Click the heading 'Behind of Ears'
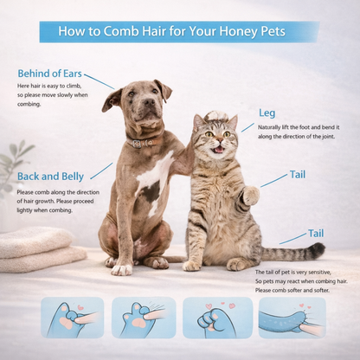tap(49, 74)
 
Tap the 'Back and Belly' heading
tap(50, 177)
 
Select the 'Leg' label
tap(267, 112)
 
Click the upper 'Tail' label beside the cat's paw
tap(298, 175)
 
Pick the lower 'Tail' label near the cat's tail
tap(316, 233)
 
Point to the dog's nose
tap(149, 101)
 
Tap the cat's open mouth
tap(219, 150)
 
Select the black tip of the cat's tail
tap(318, 249)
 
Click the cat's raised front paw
tap(250, 196)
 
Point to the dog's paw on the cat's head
tap(216, 115)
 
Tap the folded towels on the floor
tap(41, 248)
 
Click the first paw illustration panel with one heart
tap(73, 318)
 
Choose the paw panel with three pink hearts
tap(218, 318)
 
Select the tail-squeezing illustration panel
tap(292, 318)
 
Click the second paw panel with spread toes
tap(144, 318)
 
